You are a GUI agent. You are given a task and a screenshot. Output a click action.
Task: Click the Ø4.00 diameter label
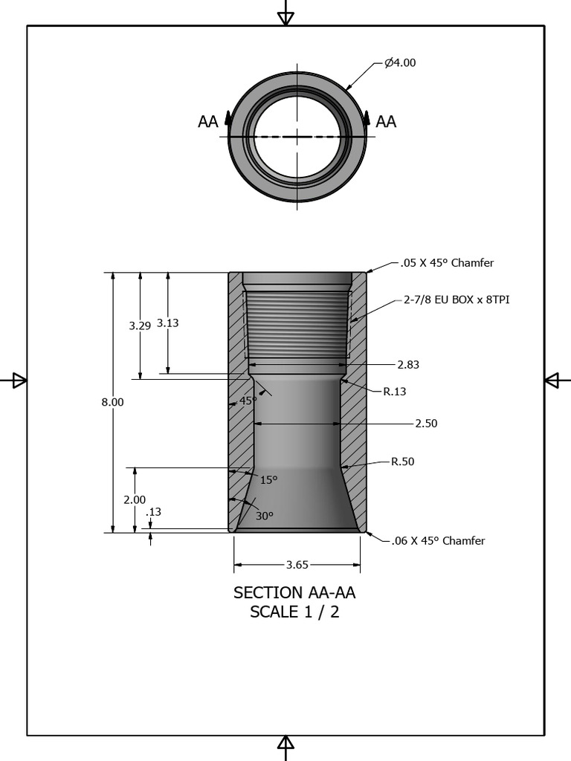tap(400, 63)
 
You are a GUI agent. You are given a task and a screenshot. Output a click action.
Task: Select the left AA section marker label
tap(208, 122)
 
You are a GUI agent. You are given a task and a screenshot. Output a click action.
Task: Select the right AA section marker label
tap(386, 122)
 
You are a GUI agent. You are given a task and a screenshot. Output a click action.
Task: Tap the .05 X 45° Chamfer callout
tap(447, 263)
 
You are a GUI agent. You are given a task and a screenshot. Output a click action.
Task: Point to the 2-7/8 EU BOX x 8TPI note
tap(457, 300)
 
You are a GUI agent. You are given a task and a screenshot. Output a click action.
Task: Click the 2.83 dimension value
tap(408, 365)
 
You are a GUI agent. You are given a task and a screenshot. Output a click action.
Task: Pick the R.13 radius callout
tap(395, 392)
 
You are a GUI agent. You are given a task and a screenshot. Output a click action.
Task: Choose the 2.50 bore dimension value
tap(426, 424)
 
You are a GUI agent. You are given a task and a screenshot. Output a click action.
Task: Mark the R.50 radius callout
tap(403, 462)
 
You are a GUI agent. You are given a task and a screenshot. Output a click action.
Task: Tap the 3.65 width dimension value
tap(297, 565)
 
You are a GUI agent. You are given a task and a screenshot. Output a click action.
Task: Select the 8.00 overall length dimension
tap(112, 402)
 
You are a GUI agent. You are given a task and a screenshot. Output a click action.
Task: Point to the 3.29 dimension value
tap(140, 326)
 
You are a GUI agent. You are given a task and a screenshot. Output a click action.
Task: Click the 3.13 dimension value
tap(167, 323)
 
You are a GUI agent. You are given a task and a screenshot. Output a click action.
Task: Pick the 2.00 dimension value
tap(135, 500)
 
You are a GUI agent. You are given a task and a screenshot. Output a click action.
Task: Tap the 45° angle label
tap(248, 401)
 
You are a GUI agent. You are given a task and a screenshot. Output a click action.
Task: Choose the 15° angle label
tap(268, 480)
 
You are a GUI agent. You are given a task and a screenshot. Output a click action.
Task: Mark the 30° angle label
tap(265, 516)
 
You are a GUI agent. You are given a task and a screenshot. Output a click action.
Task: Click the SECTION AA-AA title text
tap(294, 593)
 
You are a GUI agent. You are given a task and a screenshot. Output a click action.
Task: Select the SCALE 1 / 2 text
tap(294, 613)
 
